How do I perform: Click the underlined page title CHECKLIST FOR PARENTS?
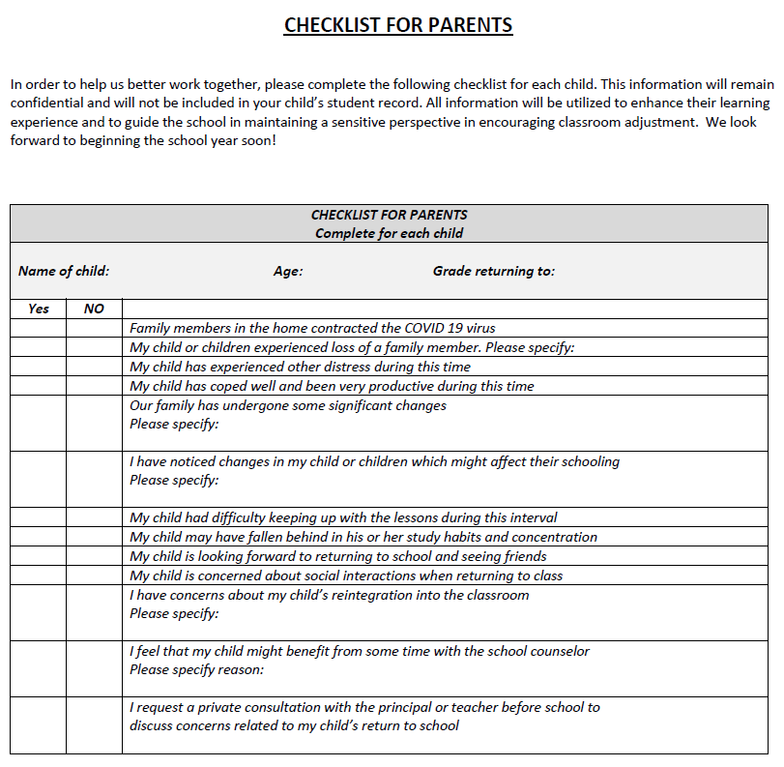pyautogui.click(x=397, y=25)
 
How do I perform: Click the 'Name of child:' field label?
pyautogui.click(x=64, y=271)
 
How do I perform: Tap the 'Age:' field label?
pyautogui.click(x=288, y=271)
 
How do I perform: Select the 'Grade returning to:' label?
pyautogui.click(x=493, y=271)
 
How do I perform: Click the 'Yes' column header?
pyautogui.click(x=39, y=309)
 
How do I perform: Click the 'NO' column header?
pyautogui.click(x=94, y=309)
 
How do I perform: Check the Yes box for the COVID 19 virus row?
pyautogui.click(x=39, y=328)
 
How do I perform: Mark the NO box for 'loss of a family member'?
pyautogui.click(x=94, y=347)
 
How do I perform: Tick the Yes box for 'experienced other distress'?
pyautogui.click(x=39, y=367)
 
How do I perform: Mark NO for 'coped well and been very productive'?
pyautogui.click(x=94, y=386)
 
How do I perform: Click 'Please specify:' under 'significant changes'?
pyautogui.click(x=174, y=424)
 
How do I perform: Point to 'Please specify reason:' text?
pyautogui.click(x=196, y=669)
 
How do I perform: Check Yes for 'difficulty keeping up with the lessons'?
pyautogui.click(x=39, y=517)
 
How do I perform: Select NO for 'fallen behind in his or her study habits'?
pyautogui.click(x=94, y=537)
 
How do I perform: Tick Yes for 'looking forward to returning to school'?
pyautogui.click(x=39, y=556)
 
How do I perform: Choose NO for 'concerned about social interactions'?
pyautogui.click(x=94, y=575)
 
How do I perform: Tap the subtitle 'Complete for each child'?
pyautogui.click(x=389, y=233)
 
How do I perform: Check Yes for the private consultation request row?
pyautogui.click(x=39, y=724)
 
